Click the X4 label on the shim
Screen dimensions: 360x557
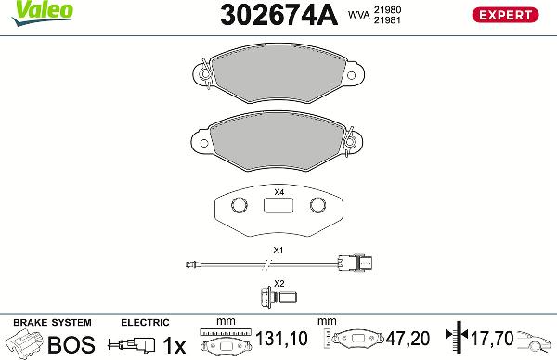point(278,192)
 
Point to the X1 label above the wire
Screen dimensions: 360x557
point(278,251)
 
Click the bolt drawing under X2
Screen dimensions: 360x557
point(278,297)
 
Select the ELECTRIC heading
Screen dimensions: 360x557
point(145,322)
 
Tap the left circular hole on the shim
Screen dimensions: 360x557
point(238,205)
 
